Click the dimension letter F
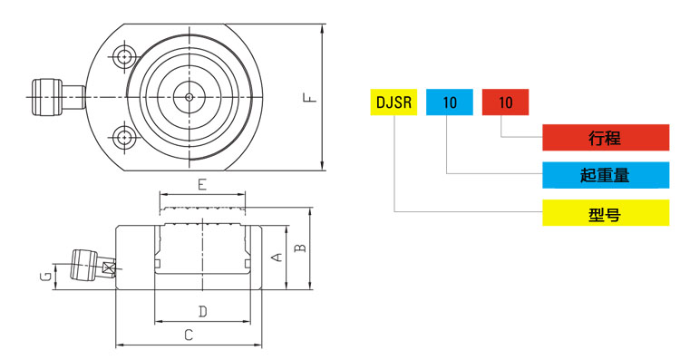(310, 98)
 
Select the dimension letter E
(202, 185)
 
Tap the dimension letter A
(277, 258)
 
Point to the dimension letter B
(300, 248)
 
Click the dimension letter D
(202, 311)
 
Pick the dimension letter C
(189, 335)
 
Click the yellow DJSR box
(393, 102)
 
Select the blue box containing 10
(450, 102)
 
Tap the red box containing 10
(505, 102)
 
